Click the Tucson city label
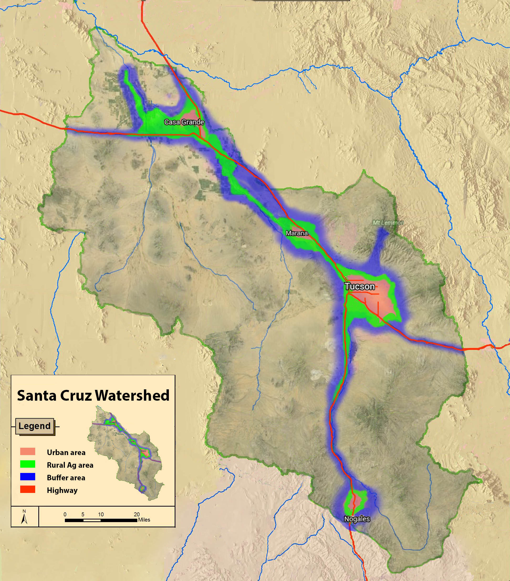[360, 286]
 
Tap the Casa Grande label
[184, 122]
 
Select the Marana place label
[297, 233]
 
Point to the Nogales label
[357, 519]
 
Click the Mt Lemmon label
[388, 223]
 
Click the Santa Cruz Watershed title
[93, 395]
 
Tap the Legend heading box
[35, 426]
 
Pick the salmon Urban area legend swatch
[28, 452]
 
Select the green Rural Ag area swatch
[28, 465]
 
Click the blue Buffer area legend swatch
[28, 477]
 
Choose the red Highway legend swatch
[28, 490]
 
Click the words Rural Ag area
[70, 465]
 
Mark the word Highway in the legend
[62, 490]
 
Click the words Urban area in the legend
[66, 452]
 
